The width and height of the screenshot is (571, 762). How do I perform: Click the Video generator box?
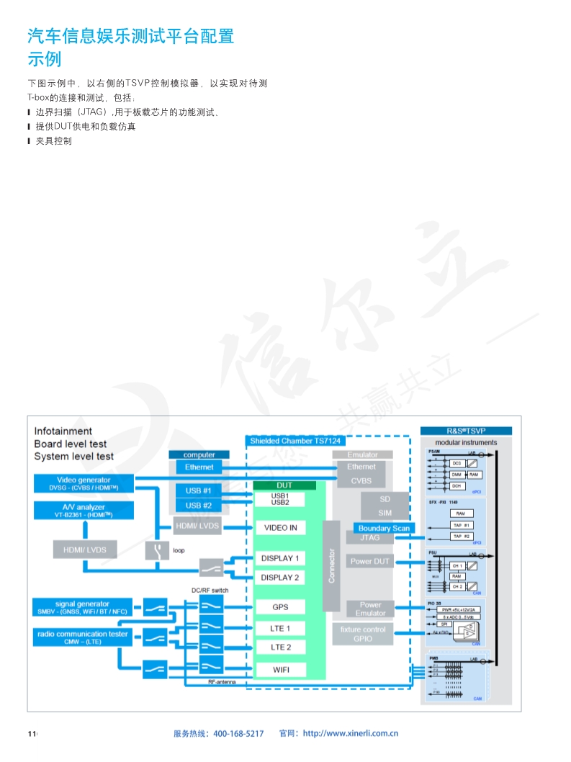(x=84, y=483)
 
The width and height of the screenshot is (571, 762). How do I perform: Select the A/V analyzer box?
(x=84, y=511)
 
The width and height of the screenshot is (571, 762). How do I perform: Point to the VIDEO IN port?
(x=280, y=528)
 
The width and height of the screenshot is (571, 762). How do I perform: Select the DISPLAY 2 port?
(x=279, y=578)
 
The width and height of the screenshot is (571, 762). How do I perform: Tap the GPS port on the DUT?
(x=279, y=607)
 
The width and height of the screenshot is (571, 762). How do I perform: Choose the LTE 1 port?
(x=279, y=628)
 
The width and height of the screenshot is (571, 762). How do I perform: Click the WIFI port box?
(x=279, y=670)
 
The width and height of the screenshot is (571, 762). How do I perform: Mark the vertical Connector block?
(x=331, y=566)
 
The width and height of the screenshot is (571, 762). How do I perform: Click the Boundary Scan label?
(x=384, y=528)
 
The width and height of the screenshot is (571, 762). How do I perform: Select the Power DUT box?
(x=370, y=561)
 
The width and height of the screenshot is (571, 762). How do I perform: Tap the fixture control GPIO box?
(x=363, y=634)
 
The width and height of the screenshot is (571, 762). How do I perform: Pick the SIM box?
(x=385, y=513)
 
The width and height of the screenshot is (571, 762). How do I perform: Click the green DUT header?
(x=284, y=485)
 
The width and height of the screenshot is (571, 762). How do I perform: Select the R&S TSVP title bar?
(x=466, y=431)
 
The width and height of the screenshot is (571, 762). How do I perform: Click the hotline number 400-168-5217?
(x=239, y=734)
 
